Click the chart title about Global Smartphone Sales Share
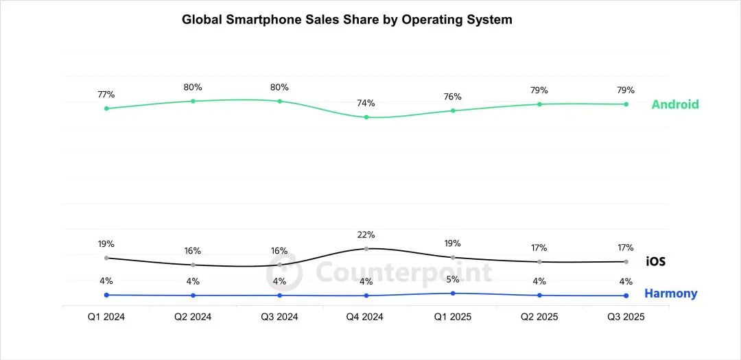[x=346, y=19]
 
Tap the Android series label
[x=675, y=104]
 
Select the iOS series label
[x=655, y=261]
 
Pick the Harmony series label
[x=670, y=293]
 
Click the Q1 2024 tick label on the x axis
[x=106, y=317]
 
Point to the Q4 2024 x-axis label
[x=366, y=317]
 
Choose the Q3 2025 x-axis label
[x=626, y=317]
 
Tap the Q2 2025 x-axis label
[x=539, y=317]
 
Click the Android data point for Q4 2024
[x=366, y=117]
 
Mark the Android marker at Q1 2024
[x=106, y=108]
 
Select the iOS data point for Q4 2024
[x=366, y=248]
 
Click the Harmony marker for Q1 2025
[x=453, y=293]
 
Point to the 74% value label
[x=366, y=103]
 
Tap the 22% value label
[x=366, y=235]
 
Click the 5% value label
[x=453, y=279]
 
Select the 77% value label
[x=106, y=94]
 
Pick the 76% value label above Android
[x=453, y=96]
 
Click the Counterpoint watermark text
[x=403, y=272]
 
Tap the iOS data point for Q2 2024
[x=193, y=265]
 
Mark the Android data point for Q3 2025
[x=626, y=104]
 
